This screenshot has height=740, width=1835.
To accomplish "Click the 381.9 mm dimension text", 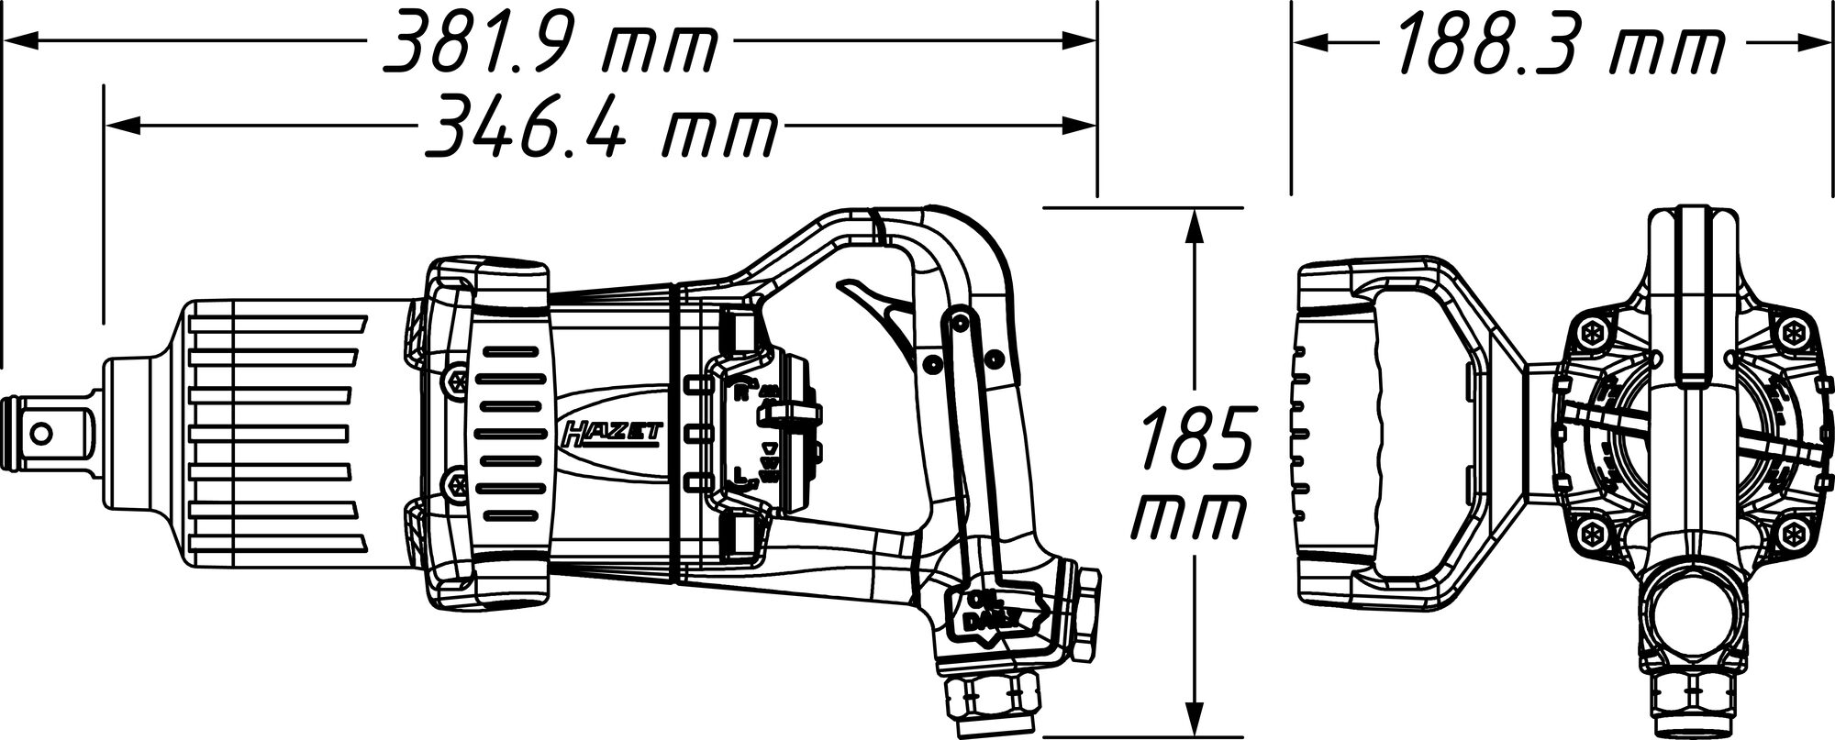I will click(x=548, y=41).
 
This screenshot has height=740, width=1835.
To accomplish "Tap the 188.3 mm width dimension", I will click(x=1560, y=41).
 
